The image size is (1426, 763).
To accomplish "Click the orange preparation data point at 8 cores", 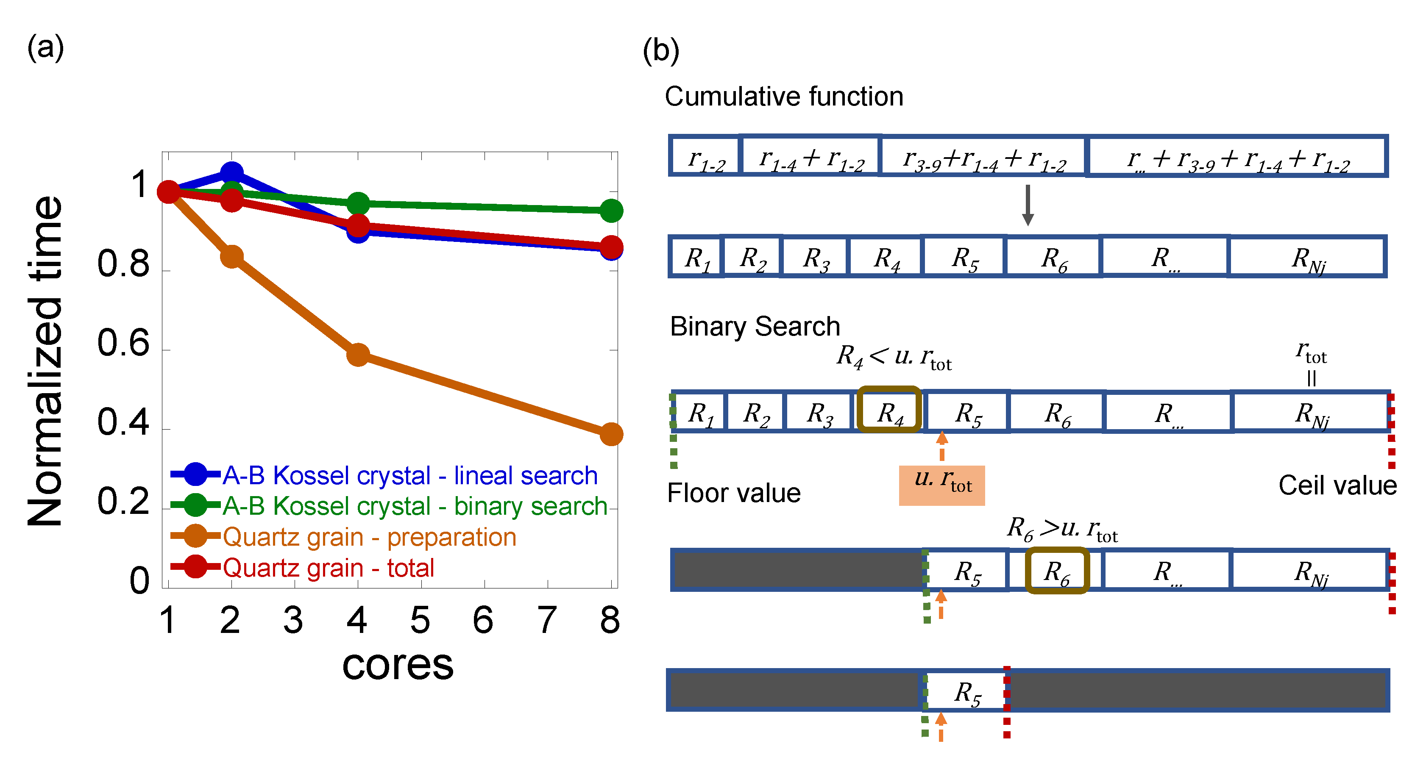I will click(x=611, y=434).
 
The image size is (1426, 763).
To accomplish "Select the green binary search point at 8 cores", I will click(x=611, y=210).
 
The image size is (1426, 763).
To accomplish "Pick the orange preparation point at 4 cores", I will click(x=358, y=355).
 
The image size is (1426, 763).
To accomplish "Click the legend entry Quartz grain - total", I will click(x=328, y=568).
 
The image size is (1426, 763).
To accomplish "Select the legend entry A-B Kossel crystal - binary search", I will click(x=415, y=506).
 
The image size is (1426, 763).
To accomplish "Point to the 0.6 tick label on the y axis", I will click(x=123, y=343).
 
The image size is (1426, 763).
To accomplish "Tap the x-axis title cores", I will click(x=398, y=665).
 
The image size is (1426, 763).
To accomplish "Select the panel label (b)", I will click(x=660, y=51).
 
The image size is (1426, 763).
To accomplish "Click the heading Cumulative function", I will click(x=784, y=97).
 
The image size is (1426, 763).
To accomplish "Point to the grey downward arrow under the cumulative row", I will click(x=1028, y=205).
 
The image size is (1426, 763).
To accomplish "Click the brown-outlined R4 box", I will click(x=889, y=409).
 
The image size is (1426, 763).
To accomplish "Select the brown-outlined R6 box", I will click(x=1057, y=571).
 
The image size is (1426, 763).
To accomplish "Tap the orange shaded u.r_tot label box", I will click(x=941, y=485).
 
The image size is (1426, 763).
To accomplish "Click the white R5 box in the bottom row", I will click(x=966, y=691).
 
